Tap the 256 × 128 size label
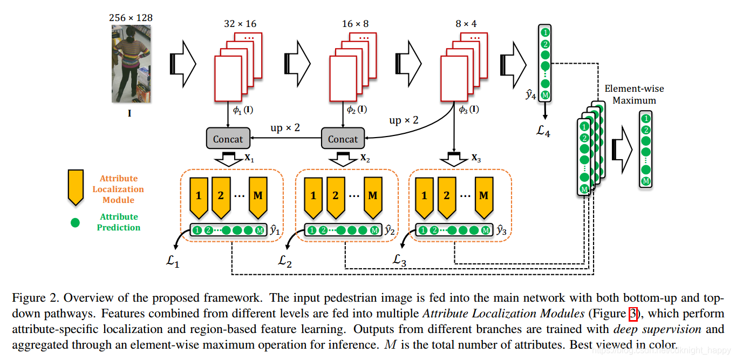pos(131,18)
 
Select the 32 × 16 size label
pos(240,24)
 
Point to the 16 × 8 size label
pos(355,24)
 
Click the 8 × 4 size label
pos(466,24)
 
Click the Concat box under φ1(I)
pos(228,139)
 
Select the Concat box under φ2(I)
pos(343,139)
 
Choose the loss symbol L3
pos(399,261)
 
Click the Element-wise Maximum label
pos(634,94)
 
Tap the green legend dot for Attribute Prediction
pos(76,222)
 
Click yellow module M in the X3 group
pos(483,195)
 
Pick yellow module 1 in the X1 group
pos(199,195)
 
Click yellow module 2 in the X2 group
pos(336,195)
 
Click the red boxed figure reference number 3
pos(633,314)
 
